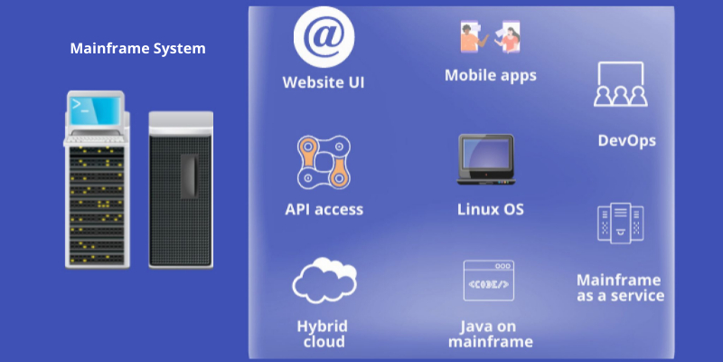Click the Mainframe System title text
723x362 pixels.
[x=137, y=48]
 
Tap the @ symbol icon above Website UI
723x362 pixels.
[x=324, y=37]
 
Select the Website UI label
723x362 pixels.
[x=324, y=83]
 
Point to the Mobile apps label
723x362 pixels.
[x=490, y=75]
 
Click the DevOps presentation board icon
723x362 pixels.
[x=619, y=85]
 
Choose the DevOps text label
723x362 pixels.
[x=626, y=140]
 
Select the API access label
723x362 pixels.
[x=324, y=209]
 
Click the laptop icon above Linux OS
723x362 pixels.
[x=486, y=161]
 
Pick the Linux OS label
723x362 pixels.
[x=490, y=209]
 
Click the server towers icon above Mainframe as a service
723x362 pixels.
[x=620, y=223]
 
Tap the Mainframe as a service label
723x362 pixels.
[x=620, y=288]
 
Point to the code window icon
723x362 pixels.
[x=488, y=281]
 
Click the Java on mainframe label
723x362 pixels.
[x=490, y=334]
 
